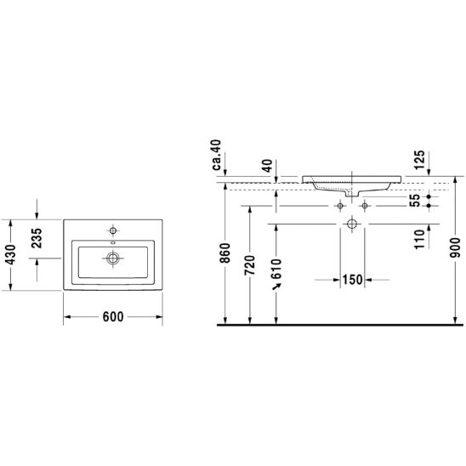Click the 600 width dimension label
point(113,317)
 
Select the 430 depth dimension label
point(11,255)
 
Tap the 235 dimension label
point(37,238)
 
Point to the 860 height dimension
point(225,253)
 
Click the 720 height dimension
point(250,265)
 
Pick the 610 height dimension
point(276,269)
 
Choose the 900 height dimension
point(455,247)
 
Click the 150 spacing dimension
point(352,280)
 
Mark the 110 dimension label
point(419,239)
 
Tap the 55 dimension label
point(415,201)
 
